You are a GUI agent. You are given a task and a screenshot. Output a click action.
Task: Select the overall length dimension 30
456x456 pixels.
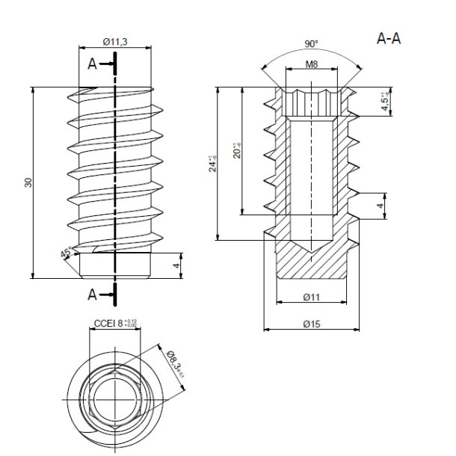(x=28, y=182)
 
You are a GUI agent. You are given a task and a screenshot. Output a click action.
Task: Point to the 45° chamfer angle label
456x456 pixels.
(x=67, y=253)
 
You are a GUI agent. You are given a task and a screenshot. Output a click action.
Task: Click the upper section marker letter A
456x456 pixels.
(x=92, y=65)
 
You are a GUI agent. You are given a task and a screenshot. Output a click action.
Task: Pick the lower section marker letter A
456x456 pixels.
(x=92, y=295)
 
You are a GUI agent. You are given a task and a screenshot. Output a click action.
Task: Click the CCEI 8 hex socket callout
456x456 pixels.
(x=114, y=324)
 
